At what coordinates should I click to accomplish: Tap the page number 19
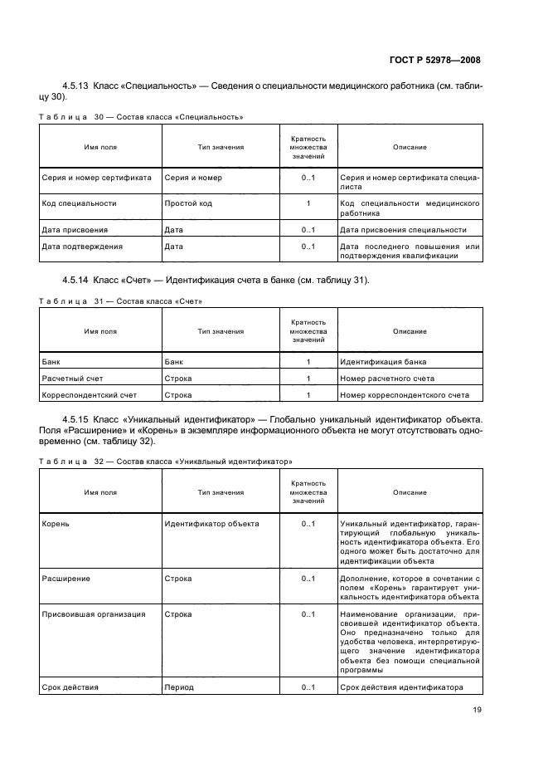[x=477, y=709]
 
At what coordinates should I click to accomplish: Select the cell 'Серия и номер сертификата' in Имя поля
[x=96, y=178]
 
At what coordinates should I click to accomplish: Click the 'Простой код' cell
[x=188, y=203]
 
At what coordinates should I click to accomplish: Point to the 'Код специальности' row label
[x=79, y=203]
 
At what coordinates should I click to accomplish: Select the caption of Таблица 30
[x=141, y=117]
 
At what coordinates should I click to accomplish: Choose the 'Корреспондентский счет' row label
[x=89, y=395]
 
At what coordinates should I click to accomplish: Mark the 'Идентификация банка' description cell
[x=384, y=362]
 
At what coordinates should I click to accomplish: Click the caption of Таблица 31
[x=121, y=301]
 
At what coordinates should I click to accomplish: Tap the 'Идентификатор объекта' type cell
[x=211, y=524]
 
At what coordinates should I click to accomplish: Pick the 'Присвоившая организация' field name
[x=93, y=614]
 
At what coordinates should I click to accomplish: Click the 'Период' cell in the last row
[x=179, y=687]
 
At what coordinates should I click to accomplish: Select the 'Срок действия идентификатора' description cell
[x=400, y=687]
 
